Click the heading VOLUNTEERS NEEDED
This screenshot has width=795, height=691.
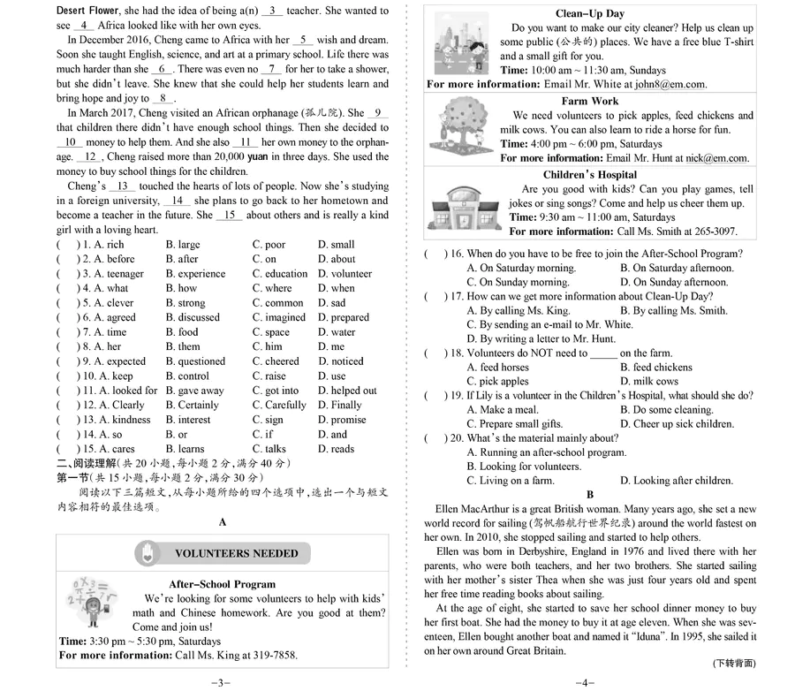(236, 553)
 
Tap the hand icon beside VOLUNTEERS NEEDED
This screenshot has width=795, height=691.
(148, 553)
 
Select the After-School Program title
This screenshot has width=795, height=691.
(222, 584)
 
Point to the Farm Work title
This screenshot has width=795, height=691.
(589, 102)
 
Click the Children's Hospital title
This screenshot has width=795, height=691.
(589, 175)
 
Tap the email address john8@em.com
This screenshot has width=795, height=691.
(670, 85)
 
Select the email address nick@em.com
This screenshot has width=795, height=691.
(712, 158)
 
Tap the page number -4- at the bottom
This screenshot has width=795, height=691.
(587, 682)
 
